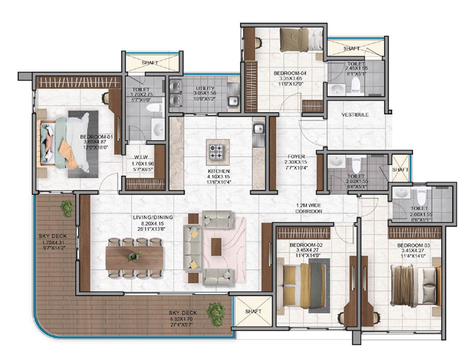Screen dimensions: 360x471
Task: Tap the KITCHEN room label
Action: pos(219,171)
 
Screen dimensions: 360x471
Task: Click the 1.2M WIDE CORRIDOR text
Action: pos(308,207)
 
